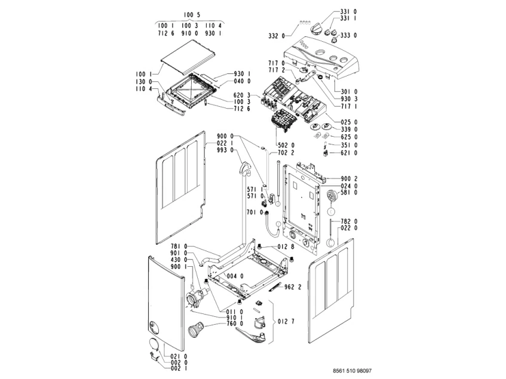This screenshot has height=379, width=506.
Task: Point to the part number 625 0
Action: [x=348, y=137]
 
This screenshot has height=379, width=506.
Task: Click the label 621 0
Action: [x=348, y=153]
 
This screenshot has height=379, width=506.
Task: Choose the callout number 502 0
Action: [x=285, y=145]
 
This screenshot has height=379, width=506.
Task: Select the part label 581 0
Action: [x=348, y=193]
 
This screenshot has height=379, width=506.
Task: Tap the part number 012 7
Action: [x=286, y=322]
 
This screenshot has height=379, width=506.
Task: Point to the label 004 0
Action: [x=234, y=276]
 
